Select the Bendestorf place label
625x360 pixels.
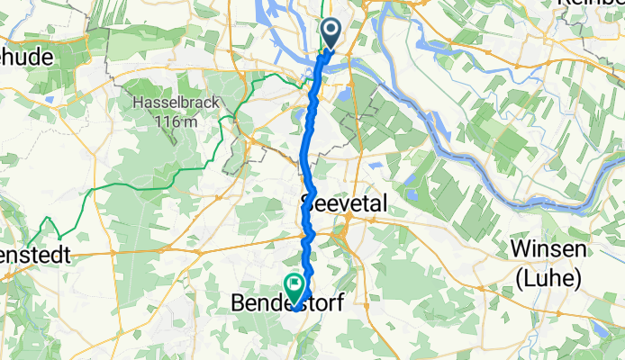coord(289,306)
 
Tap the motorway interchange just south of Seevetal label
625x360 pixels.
coord(342,236)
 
